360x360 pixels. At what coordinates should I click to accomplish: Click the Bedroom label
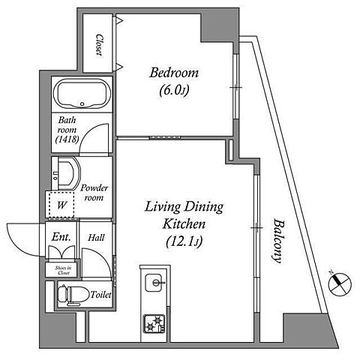tap(174, 73)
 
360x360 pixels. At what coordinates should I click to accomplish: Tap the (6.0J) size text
tap(174, 90)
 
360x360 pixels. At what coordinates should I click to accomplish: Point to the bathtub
tap(82, 94)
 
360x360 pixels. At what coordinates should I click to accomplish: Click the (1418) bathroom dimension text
tap(67, 139)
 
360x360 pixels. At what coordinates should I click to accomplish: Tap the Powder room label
tap(94, 193)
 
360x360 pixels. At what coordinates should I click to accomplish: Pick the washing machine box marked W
tap(61, 205)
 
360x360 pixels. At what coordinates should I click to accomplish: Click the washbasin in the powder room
tap(66, 173)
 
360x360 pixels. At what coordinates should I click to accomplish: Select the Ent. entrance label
tap(61, 237)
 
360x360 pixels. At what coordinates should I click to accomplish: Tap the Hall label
tap(96, 238)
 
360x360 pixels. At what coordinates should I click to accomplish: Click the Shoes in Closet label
tap(63, 271)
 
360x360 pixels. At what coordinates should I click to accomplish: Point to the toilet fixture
tap(73, 295)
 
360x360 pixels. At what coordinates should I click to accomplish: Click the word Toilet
tap(100, 295)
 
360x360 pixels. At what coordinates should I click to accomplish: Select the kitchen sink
tap(154, 283)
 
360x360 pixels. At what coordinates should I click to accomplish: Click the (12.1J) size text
tap(184, 241)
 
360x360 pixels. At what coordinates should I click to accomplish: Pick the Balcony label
tap(277, 241)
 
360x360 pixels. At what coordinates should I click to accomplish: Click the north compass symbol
tap(340, 283)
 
